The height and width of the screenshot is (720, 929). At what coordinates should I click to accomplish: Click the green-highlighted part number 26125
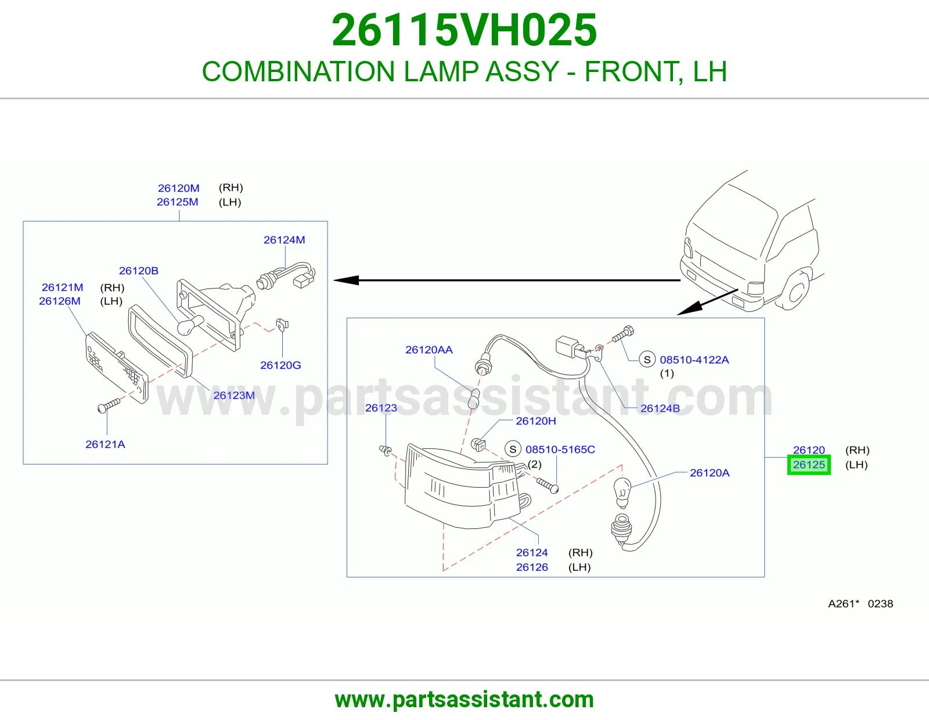coord(809,465)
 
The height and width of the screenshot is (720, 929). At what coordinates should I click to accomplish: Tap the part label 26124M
coord(285,240)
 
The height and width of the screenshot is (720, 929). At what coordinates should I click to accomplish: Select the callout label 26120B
coord(139,271)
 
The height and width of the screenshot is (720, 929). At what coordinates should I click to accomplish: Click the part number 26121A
coord(105,444)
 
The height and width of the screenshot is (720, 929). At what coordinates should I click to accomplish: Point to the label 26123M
coord(234,395)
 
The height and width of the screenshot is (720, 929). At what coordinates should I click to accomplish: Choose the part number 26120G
coord(280,365)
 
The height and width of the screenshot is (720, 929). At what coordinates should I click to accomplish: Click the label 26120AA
coord(429,350)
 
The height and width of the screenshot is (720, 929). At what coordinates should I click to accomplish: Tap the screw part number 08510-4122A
coord(694,360)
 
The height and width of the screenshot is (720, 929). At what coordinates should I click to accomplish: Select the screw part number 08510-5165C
coord(560,449)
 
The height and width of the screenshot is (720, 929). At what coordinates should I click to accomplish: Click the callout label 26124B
coord(660,408)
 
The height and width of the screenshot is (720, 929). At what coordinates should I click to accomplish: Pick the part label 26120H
coord(536,421)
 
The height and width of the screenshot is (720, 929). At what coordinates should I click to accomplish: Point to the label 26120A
coord(710,473)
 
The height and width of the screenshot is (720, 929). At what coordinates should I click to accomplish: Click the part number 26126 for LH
coord(532,567)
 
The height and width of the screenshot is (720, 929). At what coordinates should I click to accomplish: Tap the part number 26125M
coord(178,202)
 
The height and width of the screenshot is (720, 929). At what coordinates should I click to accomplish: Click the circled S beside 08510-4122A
coord(647,360)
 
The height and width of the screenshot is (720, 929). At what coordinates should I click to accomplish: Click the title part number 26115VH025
coord(464,30)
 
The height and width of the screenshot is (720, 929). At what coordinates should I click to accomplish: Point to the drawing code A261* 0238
coord(860,604)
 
